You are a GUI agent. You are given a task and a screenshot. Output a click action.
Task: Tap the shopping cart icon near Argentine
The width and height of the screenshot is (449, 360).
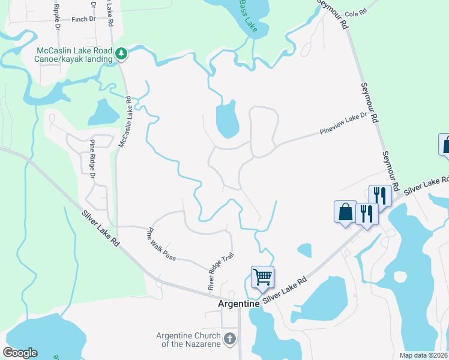pos(262,277)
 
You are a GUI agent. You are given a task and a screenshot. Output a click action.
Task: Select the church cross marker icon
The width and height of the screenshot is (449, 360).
pos(229,340)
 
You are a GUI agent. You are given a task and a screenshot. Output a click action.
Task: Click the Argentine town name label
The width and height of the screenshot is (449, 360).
pos(238,304)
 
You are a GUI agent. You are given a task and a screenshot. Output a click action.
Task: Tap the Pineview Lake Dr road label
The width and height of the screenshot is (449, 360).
pos(343,123)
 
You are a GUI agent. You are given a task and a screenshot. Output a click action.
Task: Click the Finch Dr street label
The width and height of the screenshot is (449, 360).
pos(83,19)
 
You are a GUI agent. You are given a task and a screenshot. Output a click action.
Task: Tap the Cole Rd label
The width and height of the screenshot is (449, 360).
pos(355,12)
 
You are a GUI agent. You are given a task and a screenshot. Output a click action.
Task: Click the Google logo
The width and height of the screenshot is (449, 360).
pos(20,353)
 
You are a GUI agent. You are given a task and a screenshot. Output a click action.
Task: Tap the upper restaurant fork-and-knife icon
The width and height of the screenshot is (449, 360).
pos(380,195)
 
